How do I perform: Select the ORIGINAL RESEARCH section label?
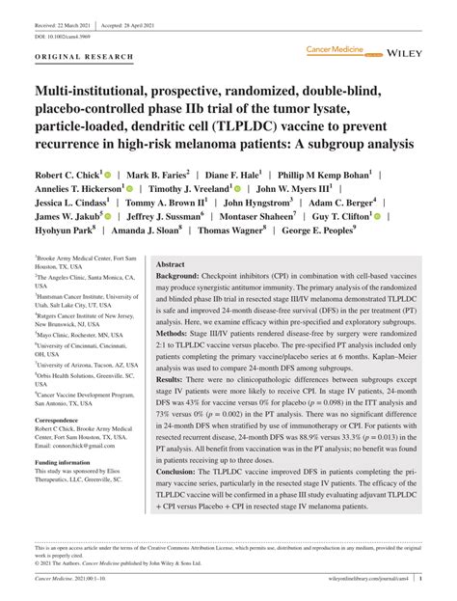pyautogui.click(x=84, y=58)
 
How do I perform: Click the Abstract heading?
pyautogui.click(x=170, y=263)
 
